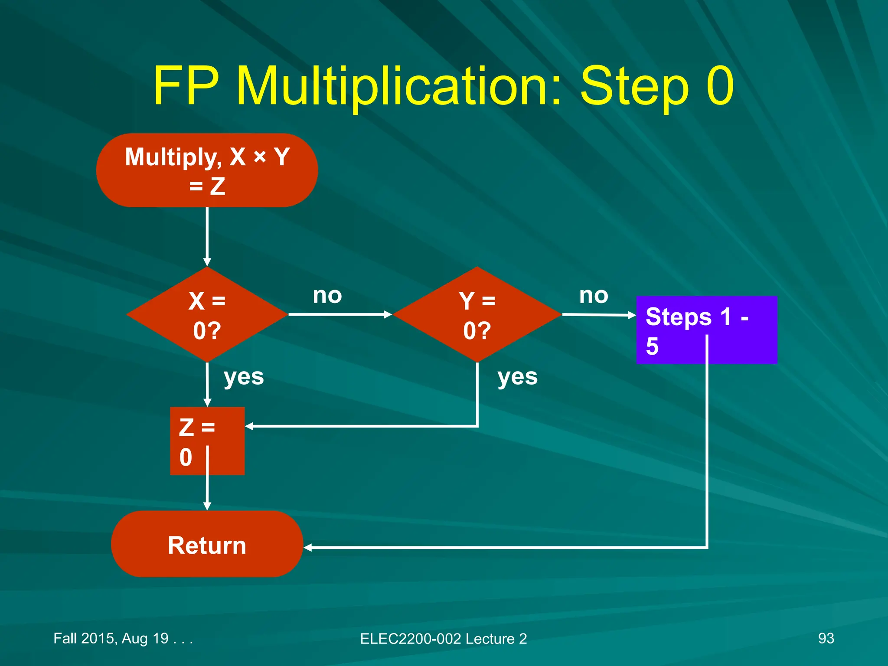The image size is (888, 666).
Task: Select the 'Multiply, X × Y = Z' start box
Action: pyautogui.click(x=207, y=170)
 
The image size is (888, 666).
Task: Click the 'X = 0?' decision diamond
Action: pyautogui.click(x=207, y=315)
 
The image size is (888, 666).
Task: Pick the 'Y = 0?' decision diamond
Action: pyautogui.click(x=477, y=315)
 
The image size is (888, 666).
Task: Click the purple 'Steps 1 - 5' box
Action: pyautogui.click(x=706, y=330)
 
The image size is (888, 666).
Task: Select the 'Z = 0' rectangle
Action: pyautogui.click(x=207, y=441)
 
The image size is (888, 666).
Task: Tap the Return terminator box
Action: pyautogui.click(x=207, y=545)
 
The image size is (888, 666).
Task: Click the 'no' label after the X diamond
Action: pyautogui.click(x=327, y=296)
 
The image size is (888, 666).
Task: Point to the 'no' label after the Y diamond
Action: pyautogui.click(x=594, y=296)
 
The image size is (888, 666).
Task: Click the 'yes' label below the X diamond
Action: pyautogui.click(x=244, y=376)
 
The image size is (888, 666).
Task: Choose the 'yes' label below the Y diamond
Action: pyautogui.click(x=517, y=376)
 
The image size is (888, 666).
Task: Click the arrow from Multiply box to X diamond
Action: pyautogui.click(x=207, y=236)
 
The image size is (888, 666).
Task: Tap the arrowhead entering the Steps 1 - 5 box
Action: pyautogui.click(x=632, y=315)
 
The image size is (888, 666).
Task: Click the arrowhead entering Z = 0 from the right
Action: pyautogui.click(x=249, y=426)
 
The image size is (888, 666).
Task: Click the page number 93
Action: pyautogui.click(x=826, y=638)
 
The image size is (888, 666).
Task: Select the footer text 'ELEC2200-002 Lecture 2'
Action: pyautogui.click(x=443, y=639)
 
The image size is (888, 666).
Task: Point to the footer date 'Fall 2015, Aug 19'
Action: pyautogui.click(x=111, y=638)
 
